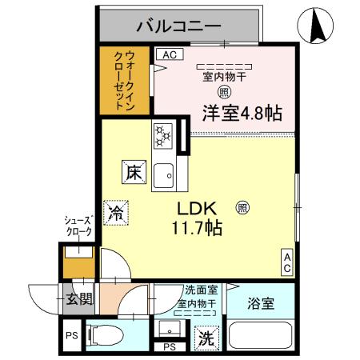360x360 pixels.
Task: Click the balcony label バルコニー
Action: point(178,26)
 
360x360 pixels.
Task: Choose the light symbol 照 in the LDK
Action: point(242,207)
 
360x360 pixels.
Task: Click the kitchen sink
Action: point(165,172)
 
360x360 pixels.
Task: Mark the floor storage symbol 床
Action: point(132,170)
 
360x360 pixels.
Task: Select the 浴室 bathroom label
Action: point(259,303)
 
